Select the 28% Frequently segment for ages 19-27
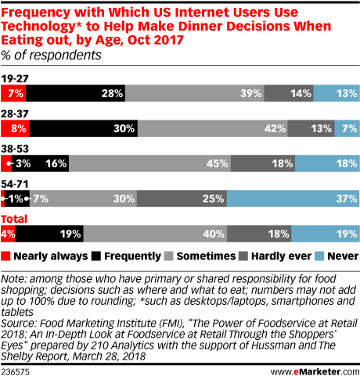[x=75, y=94]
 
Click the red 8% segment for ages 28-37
[x=15, y=128]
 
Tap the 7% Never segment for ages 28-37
[x=347, y=128]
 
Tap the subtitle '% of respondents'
[x=52, y=56]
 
